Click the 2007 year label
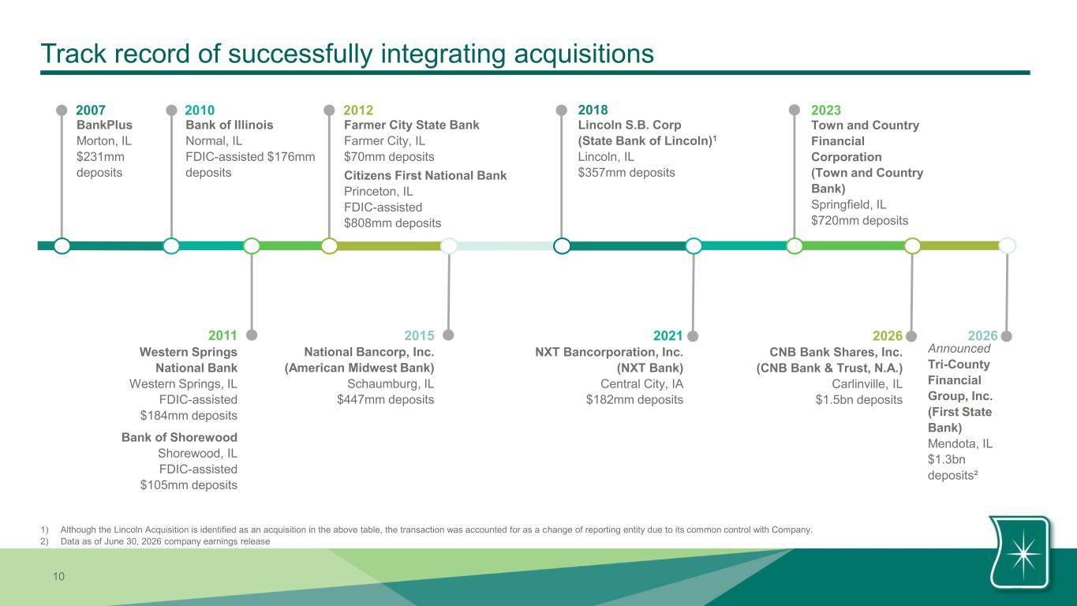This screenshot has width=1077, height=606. pos(91,110)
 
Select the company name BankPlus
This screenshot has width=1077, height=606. pos(104,125)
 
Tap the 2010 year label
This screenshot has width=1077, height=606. pos(200,110)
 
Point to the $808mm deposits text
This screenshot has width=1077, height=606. pos(392,223)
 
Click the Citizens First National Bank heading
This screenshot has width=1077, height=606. pos(425,175)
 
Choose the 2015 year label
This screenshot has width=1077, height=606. pos(419,335)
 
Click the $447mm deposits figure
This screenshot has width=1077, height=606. pos(386,400)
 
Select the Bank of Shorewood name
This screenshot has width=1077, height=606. pos(179,437)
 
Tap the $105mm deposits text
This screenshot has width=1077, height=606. pos(189,484)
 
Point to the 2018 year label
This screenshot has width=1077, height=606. pos(593,110)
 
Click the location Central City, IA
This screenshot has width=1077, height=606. pos(642,383)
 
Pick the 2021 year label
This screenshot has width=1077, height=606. pos(668,335)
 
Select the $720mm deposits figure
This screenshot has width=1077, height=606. pos(860,221)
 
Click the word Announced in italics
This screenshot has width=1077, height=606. pos(959,349)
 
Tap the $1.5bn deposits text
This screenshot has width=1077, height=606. pos(859,400)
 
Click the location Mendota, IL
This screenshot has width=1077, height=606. pos(960,443)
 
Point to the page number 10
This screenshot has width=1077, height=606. pos(58,576)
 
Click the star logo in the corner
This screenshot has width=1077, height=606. pos(1020,553)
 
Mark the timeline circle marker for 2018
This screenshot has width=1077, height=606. pos(562,245)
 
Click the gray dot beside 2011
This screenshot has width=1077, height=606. pos(252,335)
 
